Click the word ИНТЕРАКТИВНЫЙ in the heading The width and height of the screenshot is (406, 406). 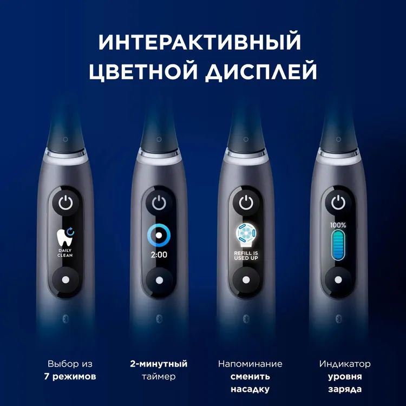(x=200, y=42)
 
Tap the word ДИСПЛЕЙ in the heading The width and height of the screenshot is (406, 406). (x=261, y=71)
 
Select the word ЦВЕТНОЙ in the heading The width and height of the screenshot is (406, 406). (x=143, y=71)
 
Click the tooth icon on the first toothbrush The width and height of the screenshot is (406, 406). (x=65, y=237)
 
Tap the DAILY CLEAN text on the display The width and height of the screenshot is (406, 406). (x=66, y=253)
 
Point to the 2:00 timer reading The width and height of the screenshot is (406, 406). (x=159, y=255)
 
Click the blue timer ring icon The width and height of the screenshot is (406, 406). (x=159, y=235)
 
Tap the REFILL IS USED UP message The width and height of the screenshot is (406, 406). (x=246, y=256)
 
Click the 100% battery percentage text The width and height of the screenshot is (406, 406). (x=338, y=225)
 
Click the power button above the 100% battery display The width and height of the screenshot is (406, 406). (x=338, y=202)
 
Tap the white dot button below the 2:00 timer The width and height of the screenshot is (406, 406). (x=160, y=280)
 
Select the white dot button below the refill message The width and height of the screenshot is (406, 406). (x=246, y=280)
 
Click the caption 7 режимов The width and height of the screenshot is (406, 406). (x=70, y=376)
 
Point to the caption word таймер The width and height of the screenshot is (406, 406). (x=159, y=376)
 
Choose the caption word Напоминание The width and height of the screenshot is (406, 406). (x=250, y=364)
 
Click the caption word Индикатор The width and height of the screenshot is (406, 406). (x=345, y=364)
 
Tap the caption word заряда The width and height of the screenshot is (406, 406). (x=345, y=389)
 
